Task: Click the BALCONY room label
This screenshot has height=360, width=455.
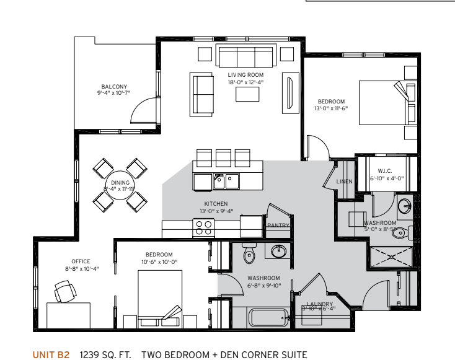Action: (115, 87)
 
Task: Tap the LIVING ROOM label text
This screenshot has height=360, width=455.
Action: (245, 75)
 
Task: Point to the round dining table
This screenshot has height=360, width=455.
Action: (120, 183)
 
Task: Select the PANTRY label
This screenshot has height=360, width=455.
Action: (278, 226)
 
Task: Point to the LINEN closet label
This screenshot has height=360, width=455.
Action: (344, 182)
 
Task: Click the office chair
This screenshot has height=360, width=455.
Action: (63, 290)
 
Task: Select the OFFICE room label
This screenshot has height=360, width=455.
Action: (81, 261)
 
